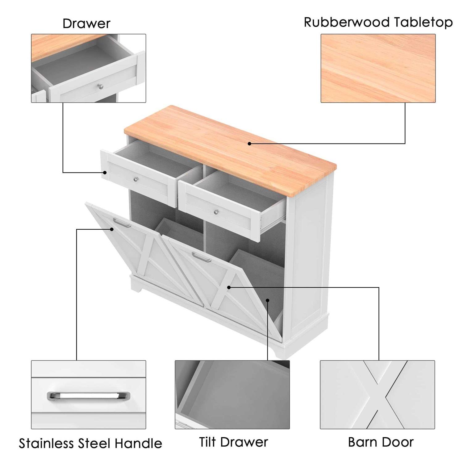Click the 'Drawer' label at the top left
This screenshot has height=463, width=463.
tap(86, 23)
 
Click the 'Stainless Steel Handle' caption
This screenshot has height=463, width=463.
tap(90, 443)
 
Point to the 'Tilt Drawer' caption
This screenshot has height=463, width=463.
tap(233, 442)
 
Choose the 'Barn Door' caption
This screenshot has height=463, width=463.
tap(381, 442)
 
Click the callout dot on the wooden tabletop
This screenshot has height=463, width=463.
tap(249, 144)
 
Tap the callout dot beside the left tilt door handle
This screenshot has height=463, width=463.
tap(112, 229)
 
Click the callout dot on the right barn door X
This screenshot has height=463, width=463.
tap(229, 287)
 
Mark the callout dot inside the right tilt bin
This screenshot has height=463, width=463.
tap(268, 300)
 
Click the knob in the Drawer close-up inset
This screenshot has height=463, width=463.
tap(100, 86)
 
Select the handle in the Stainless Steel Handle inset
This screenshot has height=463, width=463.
tap(89, 396)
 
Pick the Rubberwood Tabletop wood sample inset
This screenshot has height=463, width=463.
tap(378, 68)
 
